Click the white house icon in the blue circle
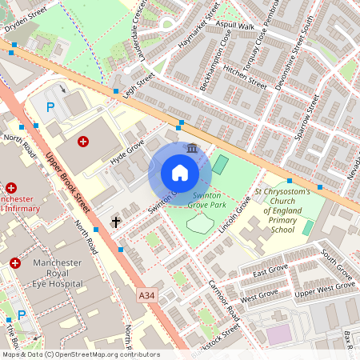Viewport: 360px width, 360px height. click(x=180, y=173)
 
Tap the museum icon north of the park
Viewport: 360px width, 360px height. click(x=192, y=148)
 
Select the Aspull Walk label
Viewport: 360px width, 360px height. click(x=235, y=26)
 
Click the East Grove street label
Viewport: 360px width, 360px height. click(x=270, y=270)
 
